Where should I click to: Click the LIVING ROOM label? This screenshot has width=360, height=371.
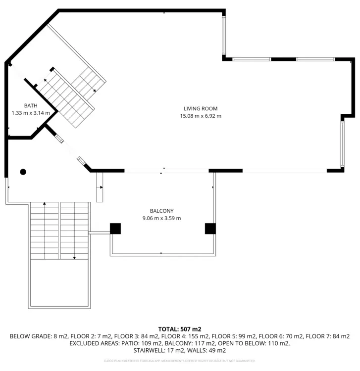[201, 109]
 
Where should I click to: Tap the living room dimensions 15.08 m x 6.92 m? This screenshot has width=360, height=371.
[201, 116]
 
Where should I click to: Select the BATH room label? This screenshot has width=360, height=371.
[31, 105]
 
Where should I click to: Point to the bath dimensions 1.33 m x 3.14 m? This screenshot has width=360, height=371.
[31, 113]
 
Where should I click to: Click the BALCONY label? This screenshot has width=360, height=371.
[162, 211]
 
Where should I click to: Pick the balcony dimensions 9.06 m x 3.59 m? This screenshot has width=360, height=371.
[162, 218]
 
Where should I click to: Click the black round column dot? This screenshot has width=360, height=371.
[23, 172]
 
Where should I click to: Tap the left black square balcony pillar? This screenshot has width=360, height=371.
[115, 229]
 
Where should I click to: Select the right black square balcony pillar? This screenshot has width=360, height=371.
[210, 229]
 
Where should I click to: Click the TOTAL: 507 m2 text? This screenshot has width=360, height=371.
[180, 329]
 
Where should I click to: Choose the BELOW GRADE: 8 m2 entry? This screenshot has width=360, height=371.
[31, 336]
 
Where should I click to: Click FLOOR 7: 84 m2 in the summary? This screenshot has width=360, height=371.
[328, 336]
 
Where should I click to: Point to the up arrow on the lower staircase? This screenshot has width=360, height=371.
[45, 204]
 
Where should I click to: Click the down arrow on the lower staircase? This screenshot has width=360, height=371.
[74, 257]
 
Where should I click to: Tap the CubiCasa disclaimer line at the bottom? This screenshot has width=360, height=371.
[180, 361]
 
